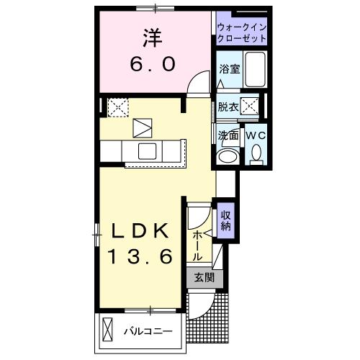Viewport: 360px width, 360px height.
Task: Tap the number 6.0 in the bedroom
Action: pos(152,65)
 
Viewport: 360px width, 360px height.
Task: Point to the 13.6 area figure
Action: pos(142,256)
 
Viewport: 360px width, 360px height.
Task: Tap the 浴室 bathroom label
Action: pos(229,69)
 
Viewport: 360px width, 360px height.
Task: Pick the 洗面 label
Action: pos(228,135)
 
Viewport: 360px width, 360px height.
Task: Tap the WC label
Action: pos(256,135)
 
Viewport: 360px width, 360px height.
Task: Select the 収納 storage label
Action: pos(226,220)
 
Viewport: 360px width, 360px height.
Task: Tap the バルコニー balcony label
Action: pos(146,332)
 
